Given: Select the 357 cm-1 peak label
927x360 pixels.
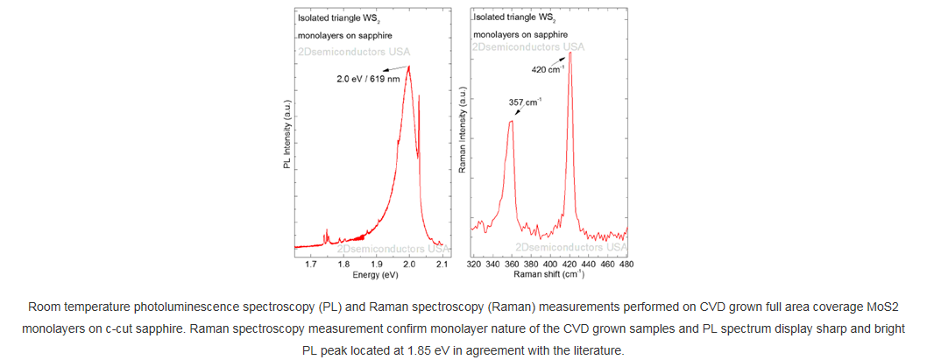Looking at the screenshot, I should coord(525,102).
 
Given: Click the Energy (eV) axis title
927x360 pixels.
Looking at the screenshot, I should coord(375,274).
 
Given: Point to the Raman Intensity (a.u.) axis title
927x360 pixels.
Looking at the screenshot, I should coord(463,131).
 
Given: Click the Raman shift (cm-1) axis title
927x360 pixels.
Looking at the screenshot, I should coord(549,274).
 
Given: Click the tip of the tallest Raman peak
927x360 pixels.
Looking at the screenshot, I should coord(570,53).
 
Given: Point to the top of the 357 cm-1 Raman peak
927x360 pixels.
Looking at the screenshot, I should coord(511,121).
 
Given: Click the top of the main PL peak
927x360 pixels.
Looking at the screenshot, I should coord(408,67).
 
